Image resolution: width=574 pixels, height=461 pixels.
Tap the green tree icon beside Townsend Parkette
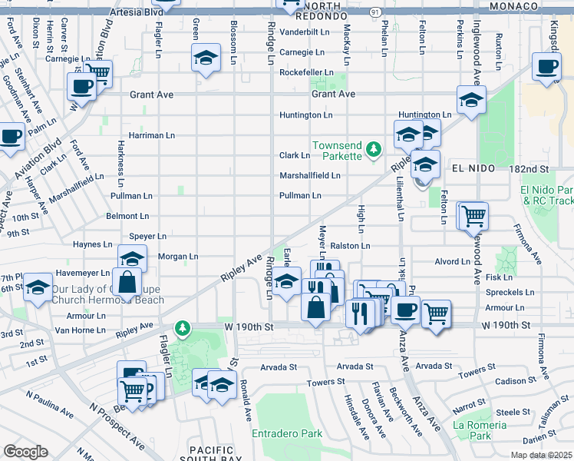coord(374,148)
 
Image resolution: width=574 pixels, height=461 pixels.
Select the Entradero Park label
coord(287,433)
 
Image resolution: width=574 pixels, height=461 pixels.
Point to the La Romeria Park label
coord(481,430)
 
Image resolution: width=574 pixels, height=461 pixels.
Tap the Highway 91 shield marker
coord(374,12)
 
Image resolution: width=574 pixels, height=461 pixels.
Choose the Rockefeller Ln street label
coord(305,72)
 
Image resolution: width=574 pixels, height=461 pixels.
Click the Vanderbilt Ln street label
coord(304,32)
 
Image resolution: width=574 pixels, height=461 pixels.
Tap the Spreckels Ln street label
coord(509,292)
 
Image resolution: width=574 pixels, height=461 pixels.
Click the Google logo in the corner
coord(26,452)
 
